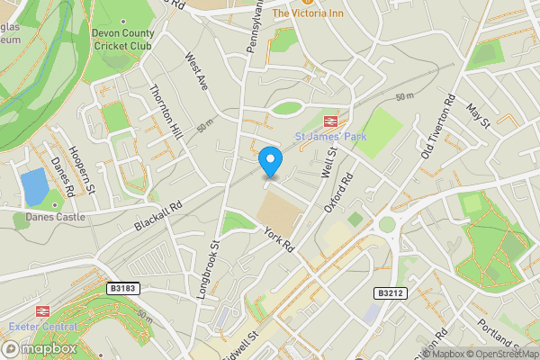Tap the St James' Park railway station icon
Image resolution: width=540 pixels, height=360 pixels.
[330, 121]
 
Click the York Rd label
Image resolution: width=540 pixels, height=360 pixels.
[280, 238]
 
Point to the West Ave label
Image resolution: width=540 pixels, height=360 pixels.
[196, 71]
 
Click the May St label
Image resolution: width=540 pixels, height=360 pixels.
[477, 114]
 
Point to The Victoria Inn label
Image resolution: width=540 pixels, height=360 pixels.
[309, 13]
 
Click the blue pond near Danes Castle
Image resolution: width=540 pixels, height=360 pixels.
[34, 186]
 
